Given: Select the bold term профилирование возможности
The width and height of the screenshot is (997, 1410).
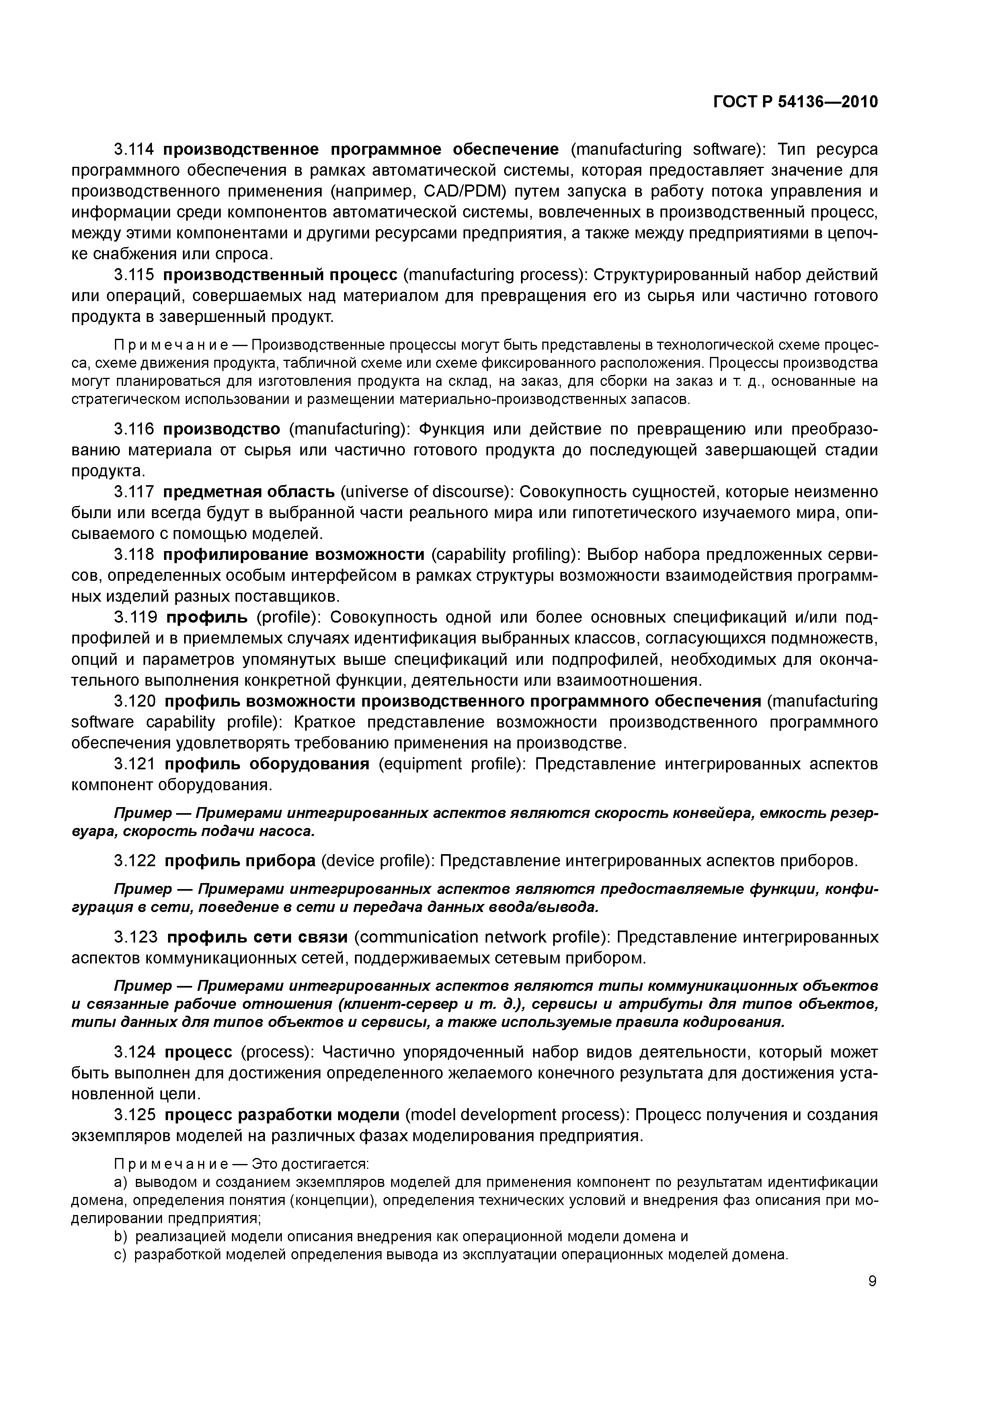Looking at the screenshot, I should coord(293,555).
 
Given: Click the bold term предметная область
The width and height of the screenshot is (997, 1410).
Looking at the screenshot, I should coord(249,492).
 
